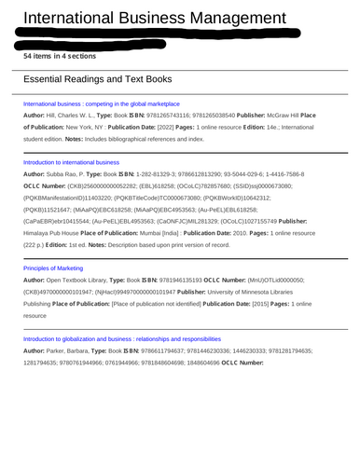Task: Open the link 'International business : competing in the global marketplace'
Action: point(101,104)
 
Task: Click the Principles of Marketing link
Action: point(52,268)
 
